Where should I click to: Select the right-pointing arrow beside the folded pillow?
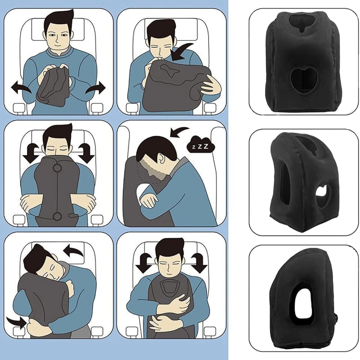[95, 87]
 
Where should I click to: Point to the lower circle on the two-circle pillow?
[57, 217]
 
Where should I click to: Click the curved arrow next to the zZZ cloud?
[180, 132]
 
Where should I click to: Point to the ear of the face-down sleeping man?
[161, 159]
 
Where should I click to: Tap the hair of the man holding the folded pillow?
[59, 21]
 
